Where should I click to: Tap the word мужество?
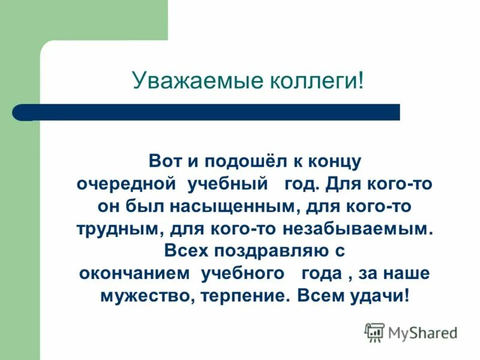click(x=133, y=296)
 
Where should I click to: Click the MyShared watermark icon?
click(x=374, y=331)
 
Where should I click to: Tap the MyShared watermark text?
click(x=422, y=332)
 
